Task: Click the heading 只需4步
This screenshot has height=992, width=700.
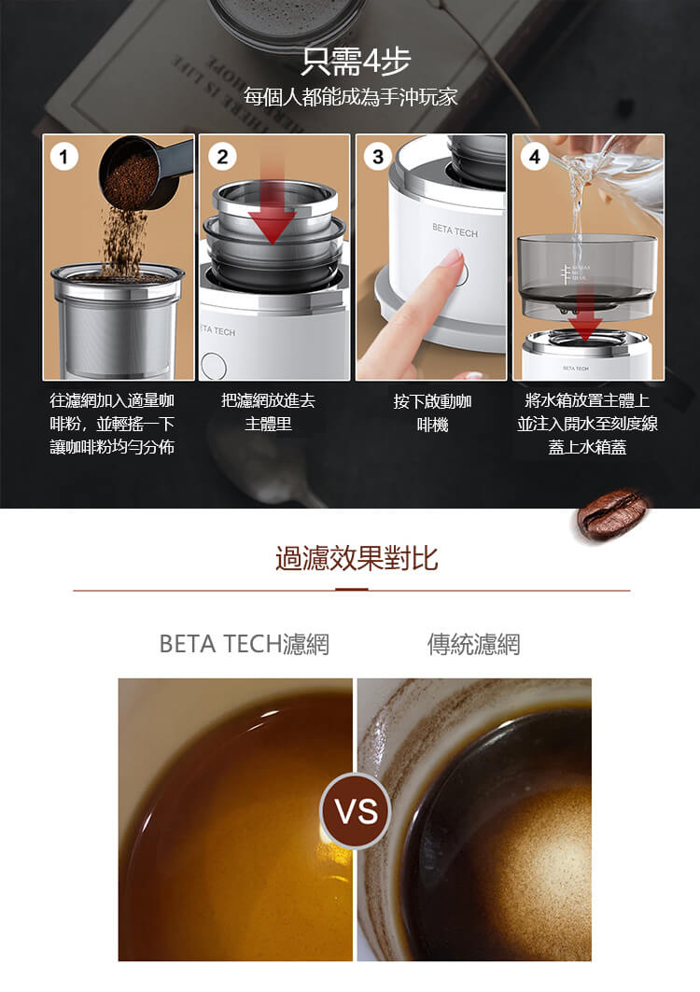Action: click(357, 62)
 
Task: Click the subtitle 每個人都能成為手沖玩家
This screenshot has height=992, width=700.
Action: click(351, 97)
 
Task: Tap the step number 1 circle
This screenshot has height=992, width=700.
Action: click(63, 156)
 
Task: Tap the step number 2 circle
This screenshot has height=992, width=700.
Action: click(222, 156)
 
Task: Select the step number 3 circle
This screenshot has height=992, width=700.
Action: click(378, 156)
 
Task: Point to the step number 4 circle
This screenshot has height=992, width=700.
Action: click(535, 156)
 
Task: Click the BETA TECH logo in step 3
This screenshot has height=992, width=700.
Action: click(455, 231)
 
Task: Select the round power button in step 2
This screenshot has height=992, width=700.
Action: click(214, 365)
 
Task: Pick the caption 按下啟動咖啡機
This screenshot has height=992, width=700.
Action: click(432, 412)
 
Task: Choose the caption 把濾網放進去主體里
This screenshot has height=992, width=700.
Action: click(269, 412)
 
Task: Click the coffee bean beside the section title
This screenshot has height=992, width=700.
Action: click(612, 513)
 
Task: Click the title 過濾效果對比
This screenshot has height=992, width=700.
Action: click(357, 558)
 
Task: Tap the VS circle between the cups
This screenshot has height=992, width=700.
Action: click(356, 810)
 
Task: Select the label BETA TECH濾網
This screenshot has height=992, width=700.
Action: click(245, 644)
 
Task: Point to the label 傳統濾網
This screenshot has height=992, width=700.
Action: click(473, 644)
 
